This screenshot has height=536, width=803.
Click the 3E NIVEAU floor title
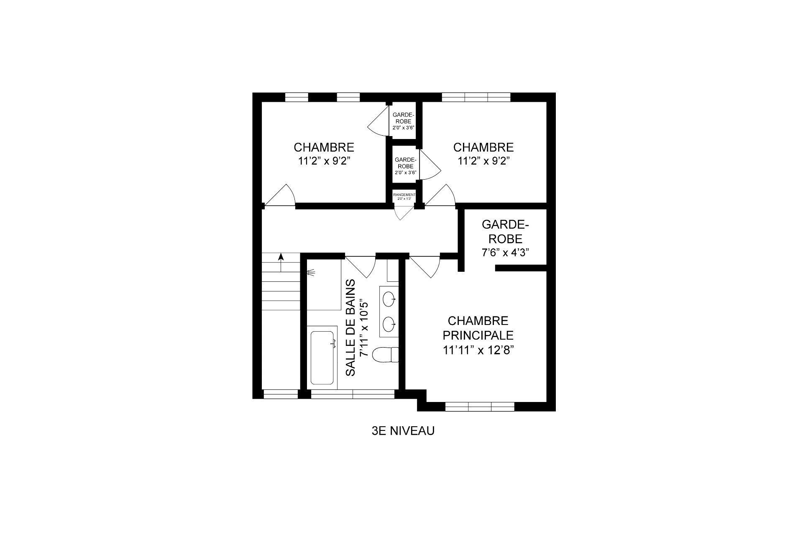[x=403, y=431]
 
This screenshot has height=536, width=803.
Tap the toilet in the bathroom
[x=385, y=355]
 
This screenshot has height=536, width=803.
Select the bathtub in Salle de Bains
[x=322, y=358]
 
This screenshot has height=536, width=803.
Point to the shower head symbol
[x=310, y=273]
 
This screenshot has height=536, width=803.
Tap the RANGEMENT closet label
[x=404, y=195]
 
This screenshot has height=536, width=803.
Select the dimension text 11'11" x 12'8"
[x=478, y=350]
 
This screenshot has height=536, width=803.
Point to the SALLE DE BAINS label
[x=350, y=328]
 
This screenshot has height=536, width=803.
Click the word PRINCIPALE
[x=478, y=335]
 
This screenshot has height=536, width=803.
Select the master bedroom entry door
[x=425, y=266]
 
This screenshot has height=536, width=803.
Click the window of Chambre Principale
[x=480, y=406]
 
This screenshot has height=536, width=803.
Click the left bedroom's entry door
[x=280, y=195]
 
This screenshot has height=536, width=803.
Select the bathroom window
[x=353, y=394]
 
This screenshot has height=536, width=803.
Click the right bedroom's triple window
[x=476, y=97]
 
